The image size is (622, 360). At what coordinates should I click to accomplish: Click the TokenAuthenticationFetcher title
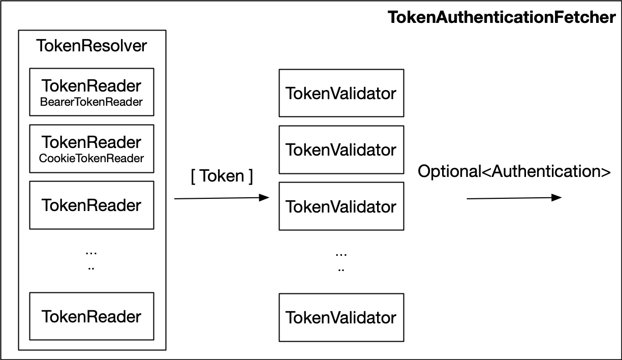502,17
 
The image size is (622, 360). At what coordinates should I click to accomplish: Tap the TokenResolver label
91,46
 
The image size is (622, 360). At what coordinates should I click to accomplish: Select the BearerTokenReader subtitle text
91,102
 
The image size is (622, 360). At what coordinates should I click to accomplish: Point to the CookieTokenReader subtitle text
91,158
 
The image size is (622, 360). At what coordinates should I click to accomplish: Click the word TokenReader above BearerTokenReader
91,85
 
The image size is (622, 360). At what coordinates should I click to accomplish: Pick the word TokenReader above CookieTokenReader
91,141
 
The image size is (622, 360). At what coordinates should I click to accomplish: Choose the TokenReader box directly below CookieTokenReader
91,205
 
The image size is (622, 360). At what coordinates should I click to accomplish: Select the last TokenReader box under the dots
91,316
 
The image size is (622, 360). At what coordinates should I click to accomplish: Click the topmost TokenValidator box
341,93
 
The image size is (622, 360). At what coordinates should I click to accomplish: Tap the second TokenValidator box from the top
341,149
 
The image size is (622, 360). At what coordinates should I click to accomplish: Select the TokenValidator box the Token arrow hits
341,206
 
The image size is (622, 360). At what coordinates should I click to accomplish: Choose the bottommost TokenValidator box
341,317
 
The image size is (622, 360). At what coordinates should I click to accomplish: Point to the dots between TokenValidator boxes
341,260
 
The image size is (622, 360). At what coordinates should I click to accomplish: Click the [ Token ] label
222,176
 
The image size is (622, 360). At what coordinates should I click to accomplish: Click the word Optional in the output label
449,172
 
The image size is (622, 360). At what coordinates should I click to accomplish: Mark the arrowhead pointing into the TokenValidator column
264,198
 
